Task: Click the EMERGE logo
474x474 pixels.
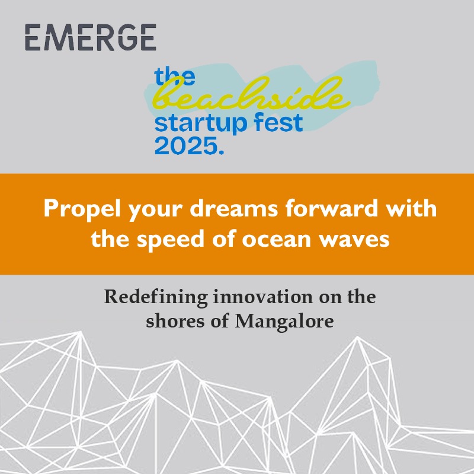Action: click(x=91, y=37)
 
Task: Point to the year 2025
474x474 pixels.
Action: click(x=186, y=146)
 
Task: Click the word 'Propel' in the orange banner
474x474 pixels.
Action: click(x=82, y=209)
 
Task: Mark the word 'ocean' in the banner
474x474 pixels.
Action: click(x=277, y=241)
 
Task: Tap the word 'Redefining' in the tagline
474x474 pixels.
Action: click(x=156, y=298)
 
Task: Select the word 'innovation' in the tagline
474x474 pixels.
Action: click(x=263, y=297)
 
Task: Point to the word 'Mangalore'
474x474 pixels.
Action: click(x=284, y=322)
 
